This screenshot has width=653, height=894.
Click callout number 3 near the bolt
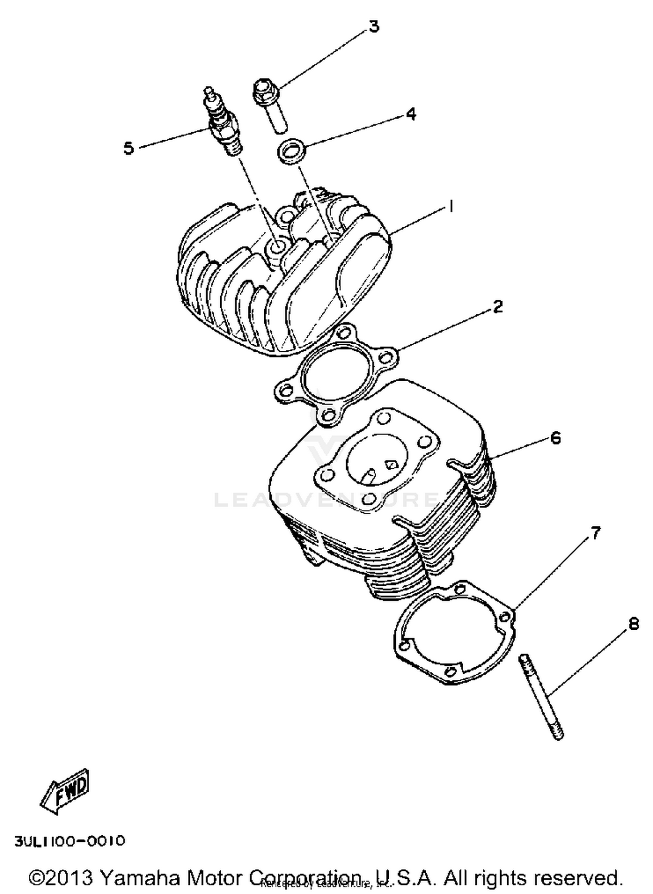pyautogui.click(x=374, y=27)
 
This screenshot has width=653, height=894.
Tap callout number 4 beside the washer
pyautogui.click(x=411, y=114)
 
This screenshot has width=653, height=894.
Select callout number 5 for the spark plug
pyautogui.click(x=129, y=148)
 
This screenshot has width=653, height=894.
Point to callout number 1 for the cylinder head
pyautogui.click(x=451, y=206)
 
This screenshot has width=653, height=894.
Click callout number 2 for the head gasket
pyautogui.click(x=498, y=306)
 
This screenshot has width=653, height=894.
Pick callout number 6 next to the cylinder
pyautogui.click(x=555, y=437)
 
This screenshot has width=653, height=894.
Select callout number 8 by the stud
pyautogui.click(x=633, y=624)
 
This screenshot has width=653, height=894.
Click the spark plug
pyautogui.click(x=223, y=122)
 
